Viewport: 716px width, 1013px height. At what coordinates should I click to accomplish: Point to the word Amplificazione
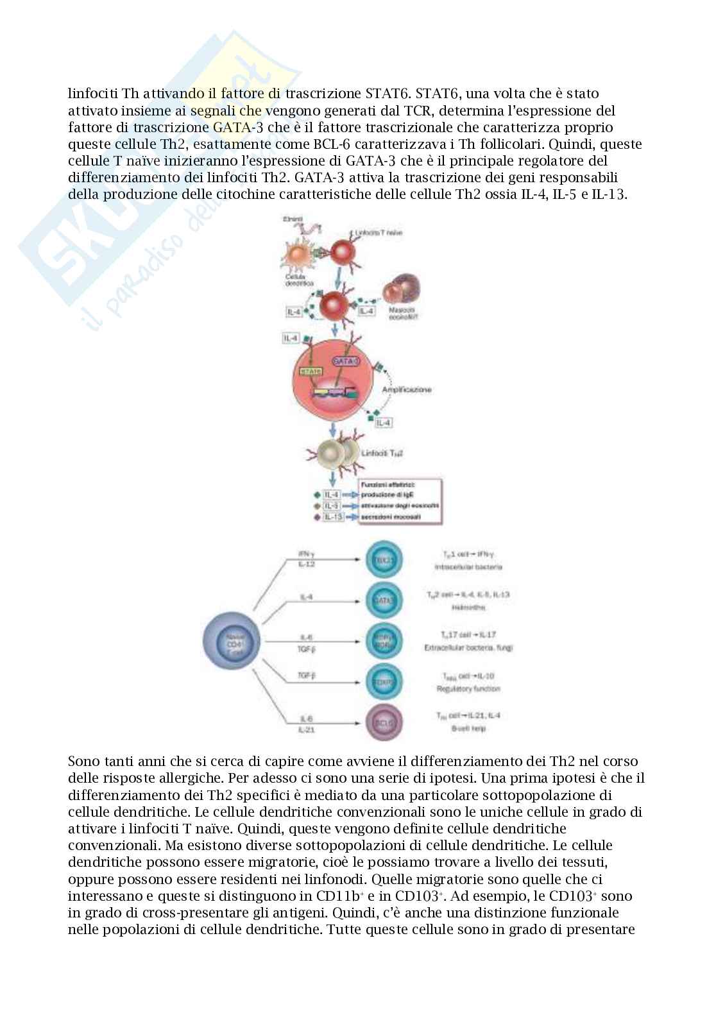click(407, 389)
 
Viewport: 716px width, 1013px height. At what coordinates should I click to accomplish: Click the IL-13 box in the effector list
click(332, 517)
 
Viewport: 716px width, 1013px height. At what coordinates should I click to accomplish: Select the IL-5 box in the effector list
click(332, 506)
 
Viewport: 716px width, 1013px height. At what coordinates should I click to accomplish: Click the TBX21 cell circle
click(383, 560)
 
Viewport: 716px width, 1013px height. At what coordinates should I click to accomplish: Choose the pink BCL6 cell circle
click(383, 722)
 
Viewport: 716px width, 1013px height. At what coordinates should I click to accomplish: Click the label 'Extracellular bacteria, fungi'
click(468, 648)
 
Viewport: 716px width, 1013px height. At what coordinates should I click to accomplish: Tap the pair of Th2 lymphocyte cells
click(341, 452)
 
